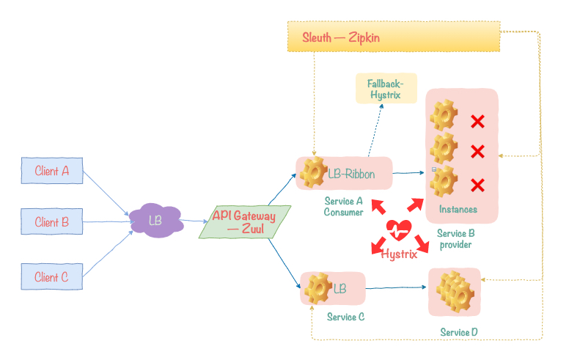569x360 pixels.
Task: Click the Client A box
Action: tap(52, 171)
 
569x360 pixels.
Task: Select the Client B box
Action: tap(52, 221)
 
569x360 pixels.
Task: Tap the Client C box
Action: tap(52, 276)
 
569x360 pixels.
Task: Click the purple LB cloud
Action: tap(156, 220)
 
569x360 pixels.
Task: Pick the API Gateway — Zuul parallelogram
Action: tap(245, 221)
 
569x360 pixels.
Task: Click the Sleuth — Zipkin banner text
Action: tap(341, 37)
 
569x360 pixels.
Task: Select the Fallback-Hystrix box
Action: tap(386, 88)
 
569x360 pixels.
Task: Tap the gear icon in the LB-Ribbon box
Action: tap(314, 172)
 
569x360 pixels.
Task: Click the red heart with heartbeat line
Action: tap(399, 230)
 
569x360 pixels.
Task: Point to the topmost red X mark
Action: tap(477, 121)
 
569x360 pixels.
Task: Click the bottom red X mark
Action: tap(477, 185)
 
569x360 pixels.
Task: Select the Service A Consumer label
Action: tap(343, 207)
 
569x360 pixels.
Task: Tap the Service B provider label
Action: tap(456, 239)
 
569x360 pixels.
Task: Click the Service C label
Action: tap(345, 317)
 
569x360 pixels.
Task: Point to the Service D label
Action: tap(459, 332)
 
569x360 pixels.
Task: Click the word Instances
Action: tap(458, 210)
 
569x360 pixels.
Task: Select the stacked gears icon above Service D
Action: tap(455, 291)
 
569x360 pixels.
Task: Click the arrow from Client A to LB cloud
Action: tap(106, 193)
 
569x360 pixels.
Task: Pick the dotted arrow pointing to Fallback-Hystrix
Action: tap(375, 131)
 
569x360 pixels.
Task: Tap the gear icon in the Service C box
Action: tap(318, 288)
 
